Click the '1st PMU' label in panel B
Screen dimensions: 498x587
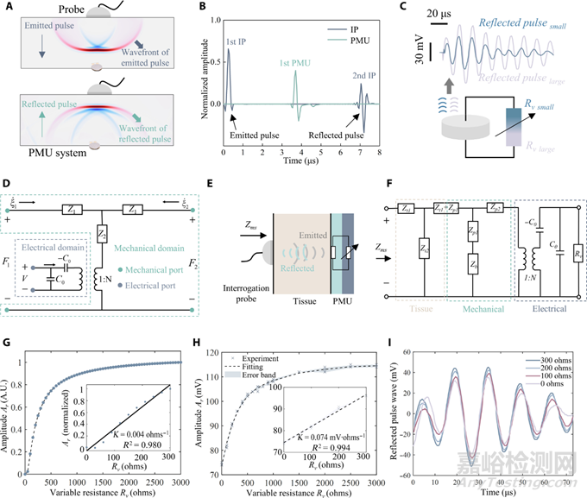click(294, 59)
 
